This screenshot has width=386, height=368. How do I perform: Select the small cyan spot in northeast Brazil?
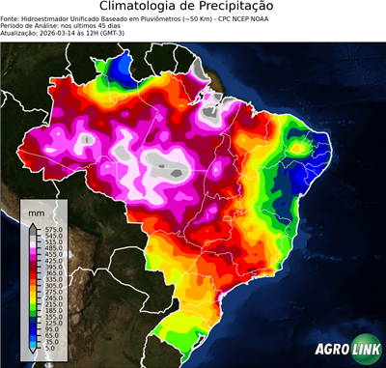304,148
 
